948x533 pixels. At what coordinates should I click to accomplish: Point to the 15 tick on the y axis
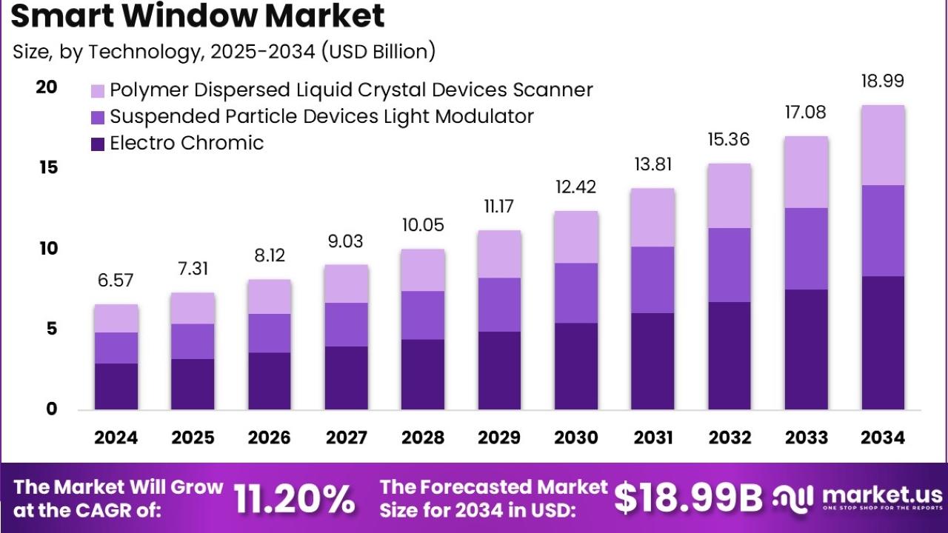click(47, 168)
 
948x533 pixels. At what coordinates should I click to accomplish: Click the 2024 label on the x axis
click(116, 438)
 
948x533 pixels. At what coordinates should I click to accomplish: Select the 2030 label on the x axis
click(575, 438)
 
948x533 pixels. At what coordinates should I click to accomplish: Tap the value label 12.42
click(575, 187)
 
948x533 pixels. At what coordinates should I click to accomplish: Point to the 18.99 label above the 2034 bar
click(882, 81)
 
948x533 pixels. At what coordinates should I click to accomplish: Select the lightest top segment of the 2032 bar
click(730, 195)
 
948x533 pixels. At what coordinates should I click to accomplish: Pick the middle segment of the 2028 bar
click(422, 315)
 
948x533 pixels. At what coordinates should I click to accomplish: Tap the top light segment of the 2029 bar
click(499, 254)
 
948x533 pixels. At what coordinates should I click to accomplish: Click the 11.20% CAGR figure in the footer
click(295, 499)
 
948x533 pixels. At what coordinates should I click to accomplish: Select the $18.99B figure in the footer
click(688, 499)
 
